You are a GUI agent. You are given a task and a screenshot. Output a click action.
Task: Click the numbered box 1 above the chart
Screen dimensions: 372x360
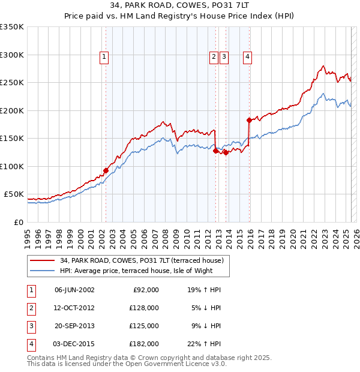pyautogui.click(x=104, y=57)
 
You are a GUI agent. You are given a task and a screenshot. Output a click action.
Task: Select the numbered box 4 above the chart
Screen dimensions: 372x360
pyautogui.click(x=247, y=57)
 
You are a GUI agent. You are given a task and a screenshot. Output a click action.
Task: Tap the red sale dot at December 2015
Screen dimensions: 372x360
pyautogui.click(x=249, y=120)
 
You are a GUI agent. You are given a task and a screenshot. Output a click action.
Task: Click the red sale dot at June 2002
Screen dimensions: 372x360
pyautogui.click(x=106, y=170)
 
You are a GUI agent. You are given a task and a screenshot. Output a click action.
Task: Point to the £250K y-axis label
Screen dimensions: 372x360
pyautogui.click(x=11, y=83)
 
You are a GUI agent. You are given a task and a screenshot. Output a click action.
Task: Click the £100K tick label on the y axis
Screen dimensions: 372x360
pyautogui.click(x=11, y=166)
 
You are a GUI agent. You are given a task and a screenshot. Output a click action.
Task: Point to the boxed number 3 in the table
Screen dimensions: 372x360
pyautogui.click(x=29, y=326)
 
